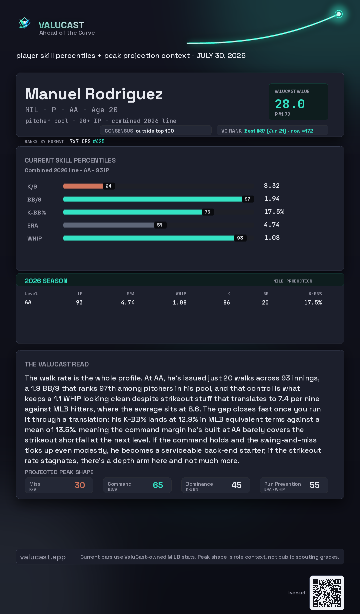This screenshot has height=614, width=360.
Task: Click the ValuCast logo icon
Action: (x=24, y=23)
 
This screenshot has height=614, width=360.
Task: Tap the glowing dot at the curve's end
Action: (x=339, y=14)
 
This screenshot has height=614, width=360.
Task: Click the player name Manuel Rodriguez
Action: (x=94, y=94)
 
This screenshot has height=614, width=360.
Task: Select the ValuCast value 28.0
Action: (x=290, y=104)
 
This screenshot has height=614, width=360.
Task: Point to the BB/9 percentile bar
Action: (x=153, y=199)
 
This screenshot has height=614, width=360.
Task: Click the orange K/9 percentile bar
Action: (x=83, y=186)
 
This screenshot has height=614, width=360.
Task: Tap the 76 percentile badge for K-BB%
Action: (x=208, y=212)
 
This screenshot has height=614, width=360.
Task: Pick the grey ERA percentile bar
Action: (x=109, y=225)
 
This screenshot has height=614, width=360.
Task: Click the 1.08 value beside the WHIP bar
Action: (x=272, y=238)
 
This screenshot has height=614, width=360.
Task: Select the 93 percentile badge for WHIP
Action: (x=240, y=238)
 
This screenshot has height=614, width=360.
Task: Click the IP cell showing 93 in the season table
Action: (x=79, y=303)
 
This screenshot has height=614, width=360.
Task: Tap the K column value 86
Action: (x=227, y=303)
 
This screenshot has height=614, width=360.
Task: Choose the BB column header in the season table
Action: (x=266, y=294)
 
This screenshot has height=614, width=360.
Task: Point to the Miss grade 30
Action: (x=80, y=485)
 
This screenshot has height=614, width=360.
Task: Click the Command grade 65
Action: (x=158, y=485)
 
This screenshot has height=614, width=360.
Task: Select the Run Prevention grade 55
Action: (x=315, y=485)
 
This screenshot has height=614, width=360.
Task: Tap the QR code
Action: (x=327, y=593)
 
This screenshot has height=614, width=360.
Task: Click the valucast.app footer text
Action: (x=43, y=557)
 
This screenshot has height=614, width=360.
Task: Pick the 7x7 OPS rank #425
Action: (x=99, y=141)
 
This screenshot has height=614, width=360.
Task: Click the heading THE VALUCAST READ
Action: (x=57, y=364)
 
